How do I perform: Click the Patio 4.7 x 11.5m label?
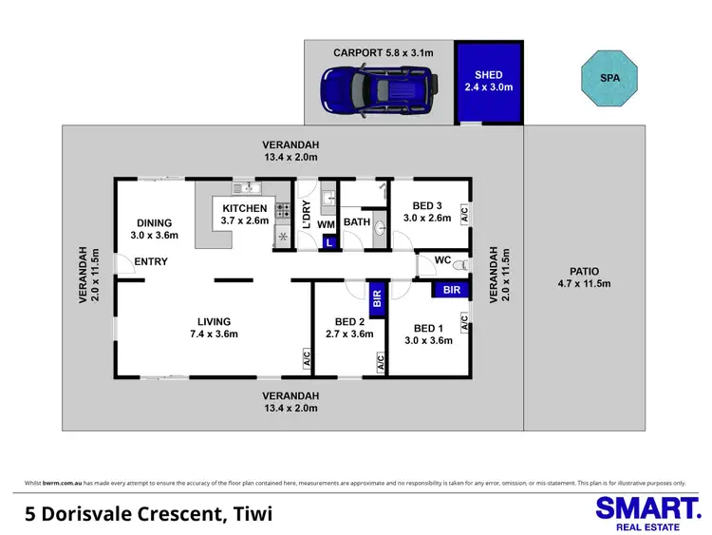click(x=584, y=277)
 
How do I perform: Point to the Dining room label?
click(x=154, y=229)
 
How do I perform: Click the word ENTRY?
click(x=151, y=261)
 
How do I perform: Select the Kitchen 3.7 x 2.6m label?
click(x=245, y=214)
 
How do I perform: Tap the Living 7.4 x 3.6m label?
click(x=215, y=327)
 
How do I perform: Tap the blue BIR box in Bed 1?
click(x=451, y=289)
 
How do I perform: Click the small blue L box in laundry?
click(x=328, y=243)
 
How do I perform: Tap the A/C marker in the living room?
click(x=307, y=359)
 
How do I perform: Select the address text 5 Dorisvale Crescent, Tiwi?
click(x=149, y=514)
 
